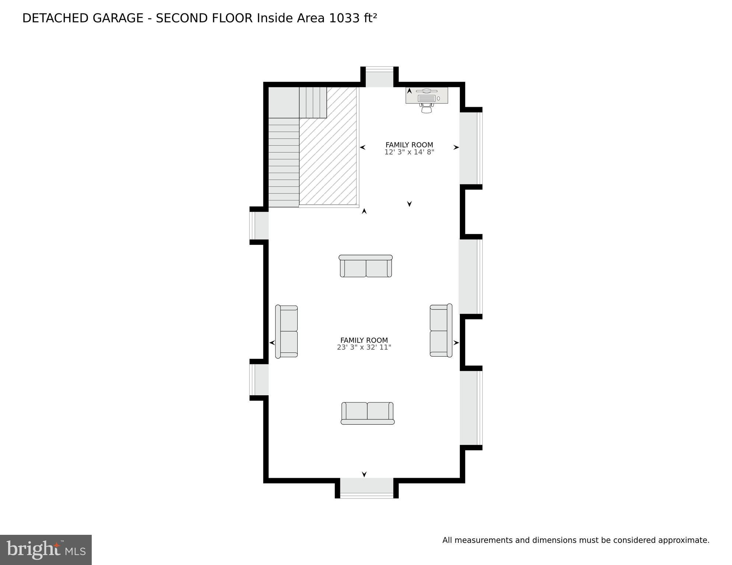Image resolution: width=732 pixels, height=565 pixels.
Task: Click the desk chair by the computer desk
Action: (x=426, y=108)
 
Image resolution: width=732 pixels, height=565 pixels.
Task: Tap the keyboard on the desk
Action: (x=427, y=99)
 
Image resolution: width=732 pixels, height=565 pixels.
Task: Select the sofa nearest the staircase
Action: (x=365, y=266)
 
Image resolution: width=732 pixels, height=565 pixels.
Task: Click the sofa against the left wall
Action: (x=287, y=332)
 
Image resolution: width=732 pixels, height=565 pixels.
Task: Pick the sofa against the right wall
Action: (x=441, y=331)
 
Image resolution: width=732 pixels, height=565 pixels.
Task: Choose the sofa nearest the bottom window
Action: (x=367, y=413)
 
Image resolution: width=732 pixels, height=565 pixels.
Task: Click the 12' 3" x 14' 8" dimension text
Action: (x=409, y=152)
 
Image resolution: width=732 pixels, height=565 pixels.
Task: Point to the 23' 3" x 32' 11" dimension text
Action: (x=364, y=347)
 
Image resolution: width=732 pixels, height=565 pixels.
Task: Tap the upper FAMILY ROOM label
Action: (x=409, y=145)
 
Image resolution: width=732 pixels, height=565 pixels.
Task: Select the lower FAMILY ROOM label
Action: (x=364, y=340)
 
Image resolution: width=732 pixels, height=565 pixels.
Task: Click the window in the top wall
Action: (x=379, y=78)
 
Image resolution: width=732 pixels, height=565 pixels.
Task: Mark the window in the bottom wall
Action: (x=367, y=488)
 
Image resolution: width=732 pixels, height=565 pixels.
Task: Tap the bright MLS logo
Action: (x=46, y=550)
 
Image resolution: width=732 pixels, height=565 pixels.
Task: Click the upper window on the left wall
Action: (x=259, y=226)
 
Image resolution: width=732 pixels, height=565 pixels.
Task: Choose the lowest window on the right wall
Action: (x=470, y=408)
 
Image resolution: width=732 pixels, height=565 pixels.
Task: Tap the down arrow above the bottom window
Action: (x=364, y=474)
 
